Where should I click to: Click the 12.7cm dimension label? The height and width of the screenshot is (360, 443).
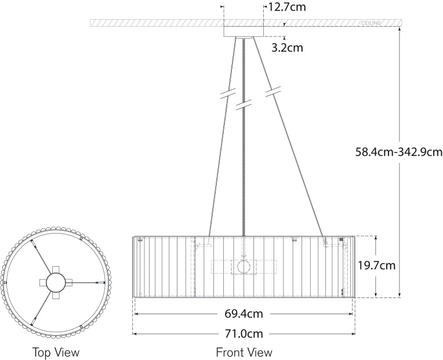click(286, 7)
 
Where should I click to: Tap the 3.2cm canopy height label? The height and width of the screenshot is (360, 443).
click(287, 48)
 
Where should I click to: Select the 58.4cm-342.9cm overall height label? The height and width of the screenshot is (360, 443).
click(399, 152)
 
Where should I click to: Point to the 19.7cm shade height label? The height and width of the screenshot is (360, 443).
click(376, 266)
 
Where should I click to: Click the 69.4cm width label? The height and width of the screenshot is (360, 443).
click(244, 314)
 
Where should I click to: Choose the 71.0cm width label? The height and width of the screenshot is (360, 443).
click(244, 334)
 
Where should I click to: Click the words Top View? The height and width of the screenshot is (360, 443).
click(56, 352)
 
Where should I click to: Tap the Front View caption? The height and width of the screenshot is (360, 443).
click(244, 352)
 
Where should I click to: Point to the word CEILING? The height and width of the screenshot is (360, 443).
click(371, 23)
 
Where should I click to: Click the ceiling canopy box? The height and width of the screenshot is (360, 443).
click(244, 31)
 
